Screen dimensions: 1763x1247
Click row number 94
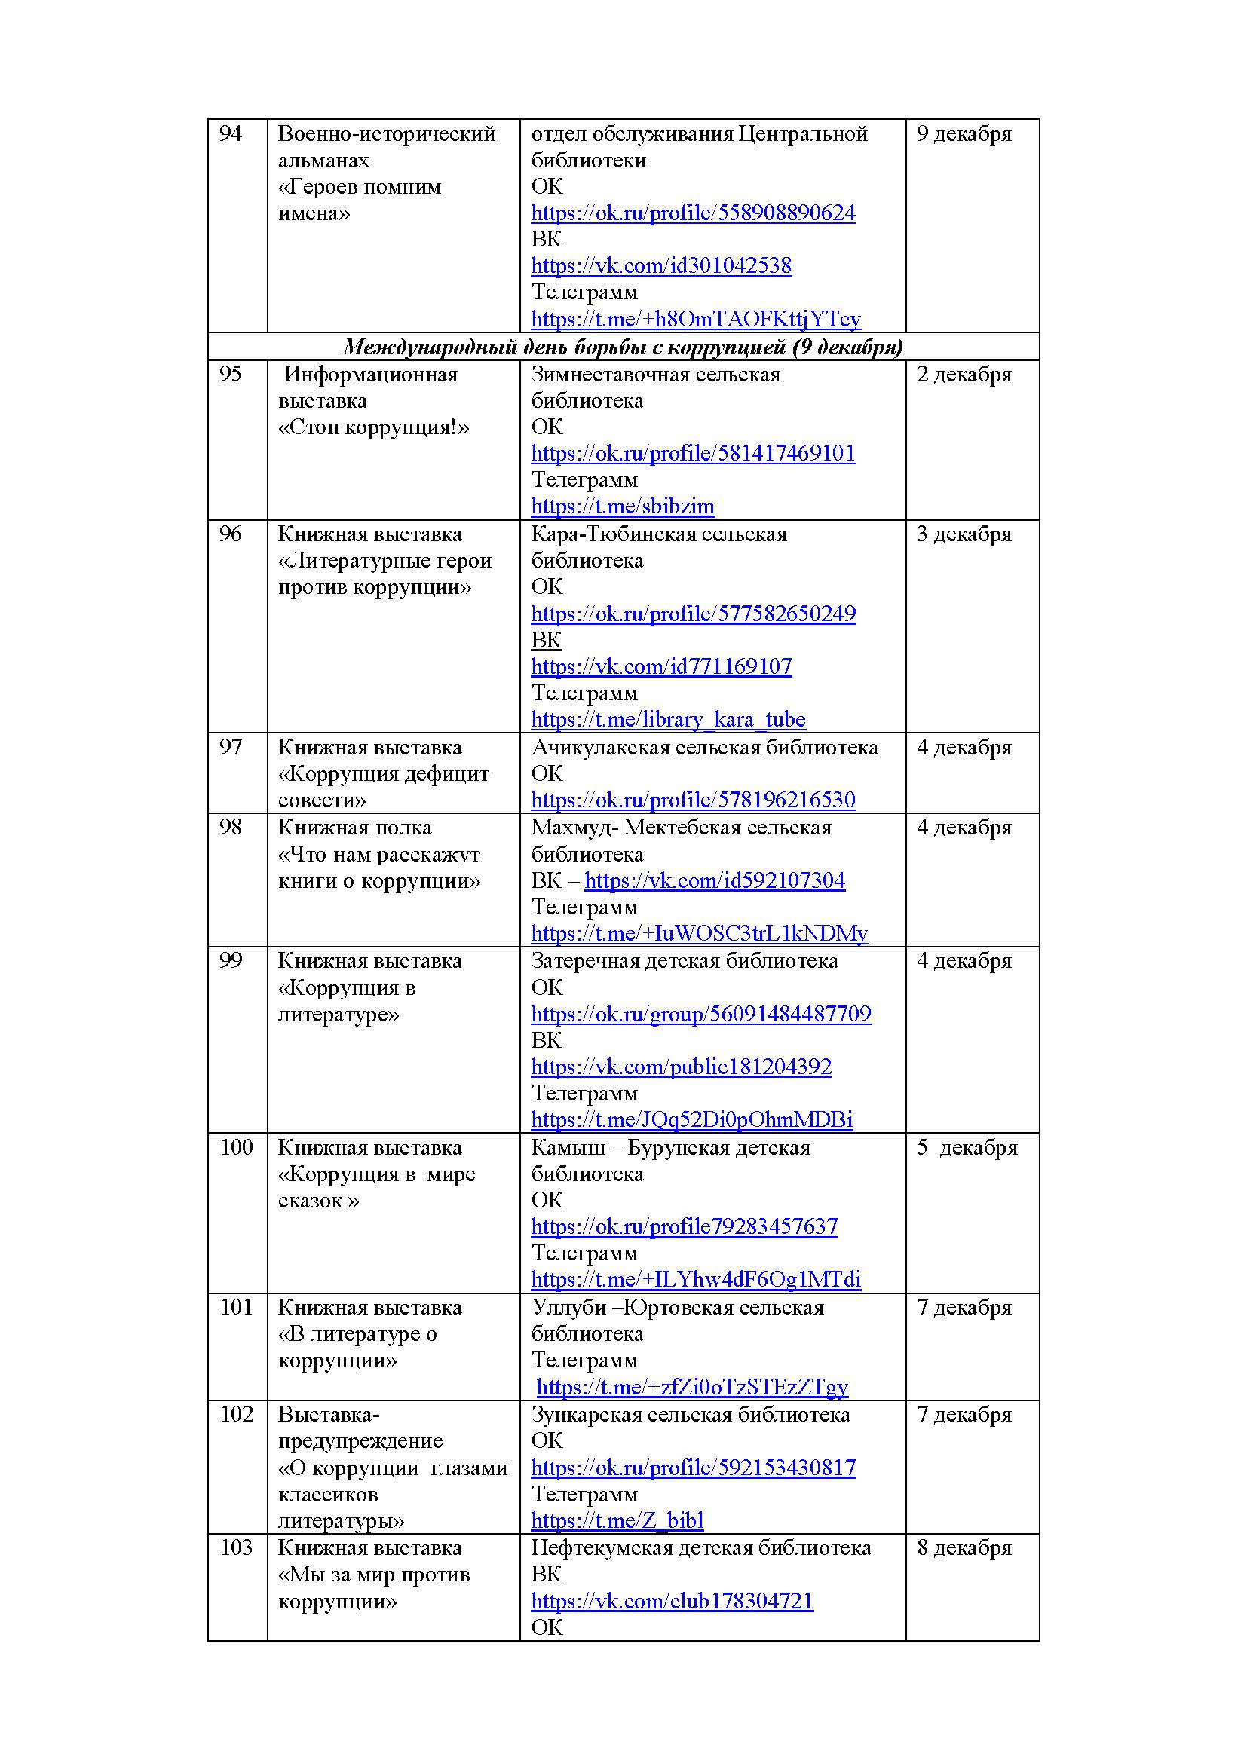231,133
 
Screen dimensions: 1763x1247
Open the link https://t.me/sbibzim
622,506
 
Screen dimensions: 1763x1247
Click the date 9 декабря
964,133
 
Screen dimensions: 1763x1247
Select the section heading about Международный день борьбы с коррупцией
623,347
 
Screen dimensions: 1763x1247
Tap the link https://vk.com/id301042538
661,265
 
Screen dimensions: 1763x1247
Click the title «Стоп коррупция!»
373,427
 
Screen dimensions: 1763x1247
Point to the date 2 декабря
964,375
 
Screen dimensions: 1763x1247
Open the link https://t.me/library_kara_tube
668,720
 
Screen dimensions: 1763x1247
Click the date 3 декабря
964,534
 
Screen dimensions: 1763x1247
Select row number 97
231,747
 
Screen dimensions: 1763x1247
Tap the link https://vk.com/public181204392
681,1067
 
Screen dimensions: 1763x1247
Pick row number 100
236,1147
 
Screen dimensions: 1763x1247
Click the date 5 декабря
967,1147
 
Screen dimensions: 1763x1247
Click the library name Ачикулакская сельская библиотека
704,747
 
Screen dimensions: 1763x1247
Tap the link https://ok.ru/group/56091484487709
700,1015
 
